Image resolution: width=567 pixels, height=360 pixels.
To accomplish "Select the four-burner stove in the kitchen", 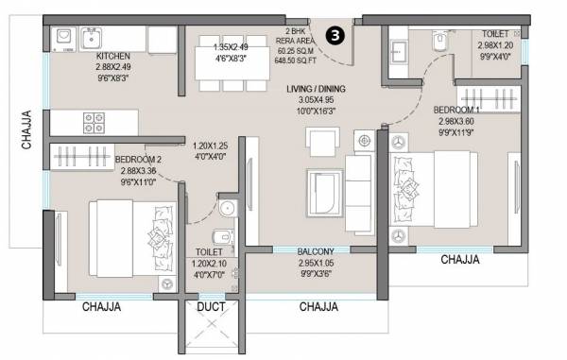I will pos(95,122).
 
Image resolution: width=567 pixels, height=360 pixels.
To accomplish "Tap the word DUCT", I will pos(211,307).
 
